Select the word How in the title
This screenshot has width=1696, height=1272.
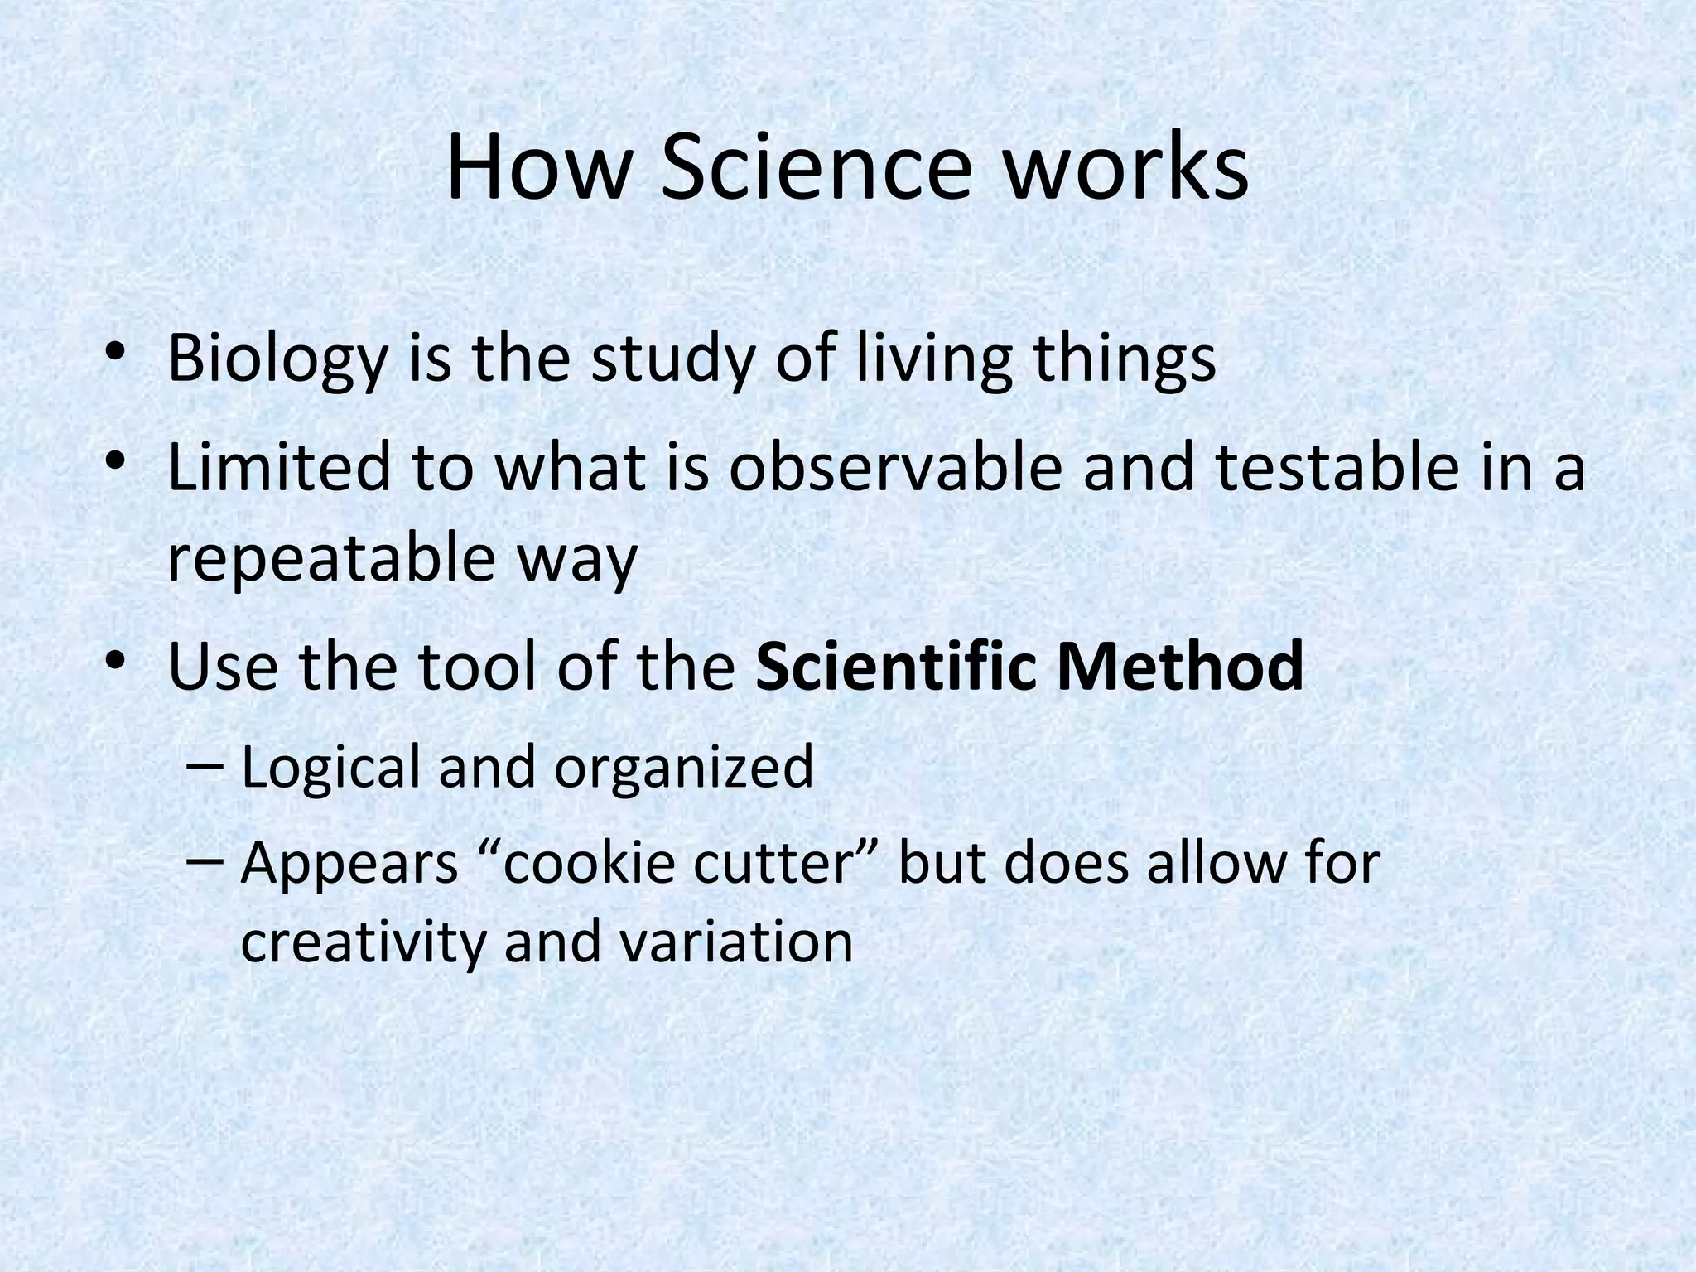pos(537,171)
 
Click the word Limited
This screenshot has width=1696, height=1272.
pos(278,467)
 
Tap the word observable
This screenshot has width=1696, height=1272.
pos(894,467)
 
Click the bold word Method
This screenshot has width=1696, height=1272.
pos(1180,667)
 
